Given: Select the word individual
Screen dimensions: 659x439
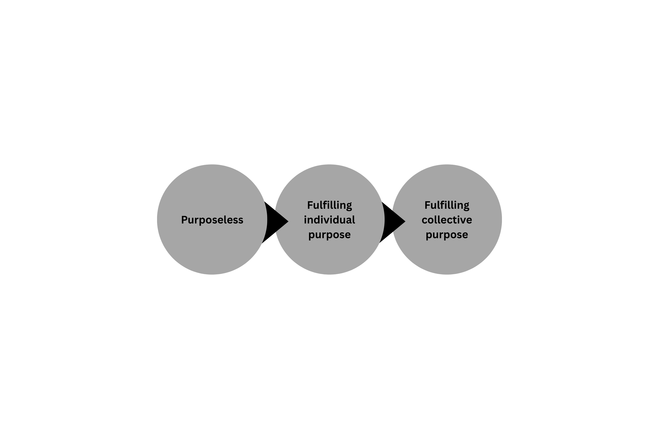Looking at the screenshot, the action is click(x=329, y=220).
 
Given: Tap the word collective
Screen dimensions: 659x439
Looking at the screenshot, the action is click(x=447, y=220).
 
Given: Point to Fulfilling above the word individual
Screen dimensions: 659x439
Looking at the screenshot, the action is click(x=329, y=205).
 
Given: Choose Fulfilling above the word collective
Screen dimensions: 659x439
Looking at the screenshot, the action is click(x=447, y=205).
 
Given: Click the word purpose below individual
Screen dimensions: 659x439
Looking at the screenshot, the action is click(x=329, y=235).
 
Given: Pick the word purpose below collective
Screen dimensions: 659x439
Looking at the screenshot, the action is click(x=447, y=235).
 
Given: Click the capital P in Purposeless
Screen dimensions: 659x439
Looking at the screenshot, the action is click(x=184, y=220).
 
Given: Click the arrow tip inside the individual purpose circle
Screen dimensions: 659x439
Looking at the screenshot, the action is click(x=288, y=222).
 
